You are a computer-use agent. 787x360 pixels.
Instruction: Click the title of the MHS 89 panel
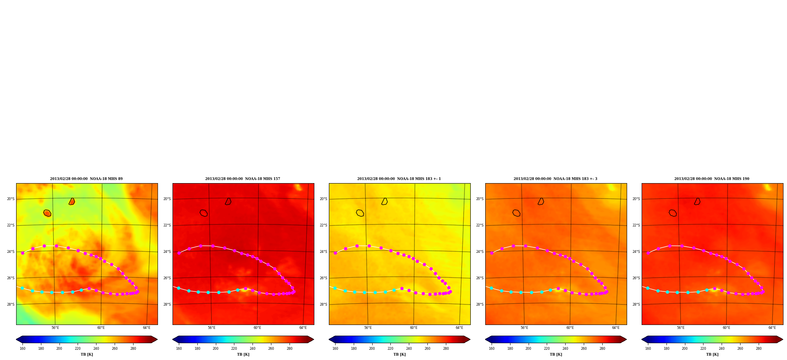coord(86,179)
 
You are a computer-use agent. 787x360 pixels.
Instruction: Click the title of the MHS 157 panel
coord(243,179)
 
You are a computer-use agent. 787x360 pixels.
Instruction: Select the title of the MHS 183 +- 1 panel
coord(399,179)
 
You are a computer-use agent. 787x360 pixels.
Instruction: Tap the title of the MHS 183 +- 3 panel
coord(555,179)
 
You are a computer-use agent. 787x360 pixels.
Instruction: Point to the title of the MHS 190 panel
coord(712,179)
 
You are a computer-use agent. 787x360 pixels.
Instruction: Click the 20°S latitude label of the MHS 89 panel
coord(11,199)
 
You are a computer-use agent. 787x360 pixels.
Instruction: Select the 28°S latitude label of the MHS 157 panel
coord(167,304)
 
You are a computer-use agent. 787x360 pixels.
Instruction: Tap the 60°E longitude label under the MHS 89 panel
coord(101,328)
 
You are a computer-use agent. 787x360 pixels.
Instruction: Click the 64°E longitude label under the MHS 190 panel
coord(772,328)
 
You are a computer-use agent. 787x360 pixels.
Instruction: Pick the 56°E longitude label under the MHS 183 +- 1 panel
coord(368,328)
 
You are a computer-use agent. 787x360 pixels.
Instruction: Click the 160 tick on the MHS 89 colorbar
coord(22,348)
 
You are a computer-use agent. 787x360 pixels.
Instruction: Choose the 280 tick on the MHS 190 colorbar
coord(759,348)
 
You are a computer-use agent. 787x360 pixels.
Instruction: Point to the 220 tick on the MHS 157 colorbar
coord(234,348)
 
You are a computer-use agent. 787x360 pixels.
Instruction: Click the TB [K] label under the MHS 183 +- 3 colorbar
coord(556,354)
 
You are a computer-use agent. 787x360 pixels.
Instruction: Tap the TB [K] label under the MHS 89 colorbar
coord(87,354)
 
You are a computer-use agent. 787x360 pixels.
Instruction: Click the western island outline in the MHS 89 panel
coord(47,213)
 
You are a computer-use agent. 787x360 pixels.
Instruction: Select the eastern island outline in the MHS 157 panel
coord(228,201)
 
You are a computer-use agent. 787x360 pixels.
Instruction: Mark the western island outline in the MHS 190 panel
coord(673,213)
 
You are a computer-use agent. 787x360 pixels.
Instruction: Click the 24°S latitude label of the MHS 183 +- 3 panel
coord(480,252)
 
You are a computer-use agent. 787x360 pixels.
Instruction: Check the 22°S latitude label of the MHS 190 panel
coord(636,225)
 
